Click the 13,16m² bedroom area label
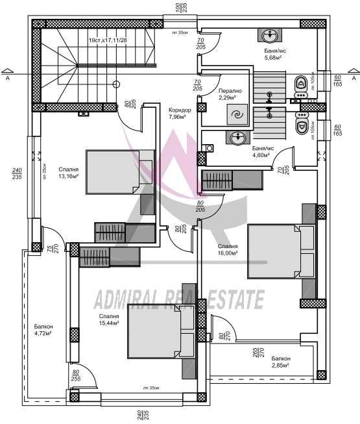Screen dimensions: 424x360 click(67, 171)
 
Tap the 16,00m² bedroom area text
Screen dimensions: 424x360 click(228, 250)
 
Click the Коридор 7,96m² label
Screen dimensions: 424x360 click(177, 114)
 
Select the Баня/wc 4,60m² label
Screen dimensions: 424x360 click(263, 151)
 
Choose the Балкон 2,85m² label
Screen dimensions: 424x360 click(281, 362)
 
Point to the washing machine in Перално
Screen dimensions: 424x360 click(236, 115)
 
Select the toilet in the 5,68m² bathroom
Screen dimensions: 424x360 click(300, 83)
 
